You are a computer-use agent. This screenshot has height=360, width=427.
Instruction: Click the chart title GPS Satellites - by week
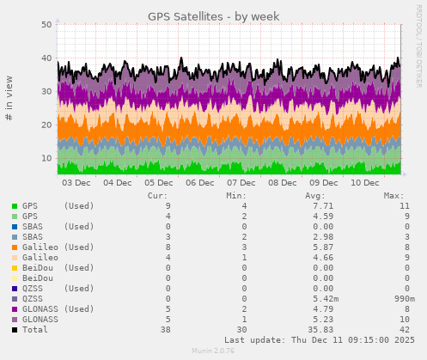coord(213,15)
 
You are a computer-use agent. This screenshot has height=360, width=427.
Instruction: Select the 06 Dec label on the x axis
coord(200,182)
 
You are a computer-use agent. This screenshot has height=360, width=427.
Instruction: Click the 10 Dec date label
coord(365,182)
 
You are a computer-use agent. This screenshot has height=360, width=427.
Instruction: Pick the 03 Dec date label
coord(76,182)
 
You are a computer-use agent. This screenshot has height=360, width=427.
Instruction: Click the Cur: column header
coord(157,195)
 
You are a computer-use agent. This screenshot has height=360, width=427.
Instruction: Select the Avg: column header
coord(315,195)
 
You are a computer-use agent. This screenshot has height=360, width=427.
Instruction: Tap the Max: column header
coord(393,195)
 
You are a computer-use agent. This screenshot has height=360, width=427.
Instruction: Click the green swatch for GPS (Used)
coord(15,206)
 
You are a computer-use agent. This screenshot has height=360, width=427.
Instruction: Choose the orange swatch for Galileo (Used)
coord(15,247)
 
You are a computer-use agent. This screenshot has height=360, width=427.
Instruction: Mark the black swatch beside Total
coord(15,330)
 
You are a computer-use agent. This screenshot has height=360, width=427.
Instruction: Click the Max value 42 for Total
coord(399,330)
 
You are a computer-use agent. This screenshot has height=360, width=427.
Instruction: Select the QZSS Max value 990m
coord(393,299)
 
